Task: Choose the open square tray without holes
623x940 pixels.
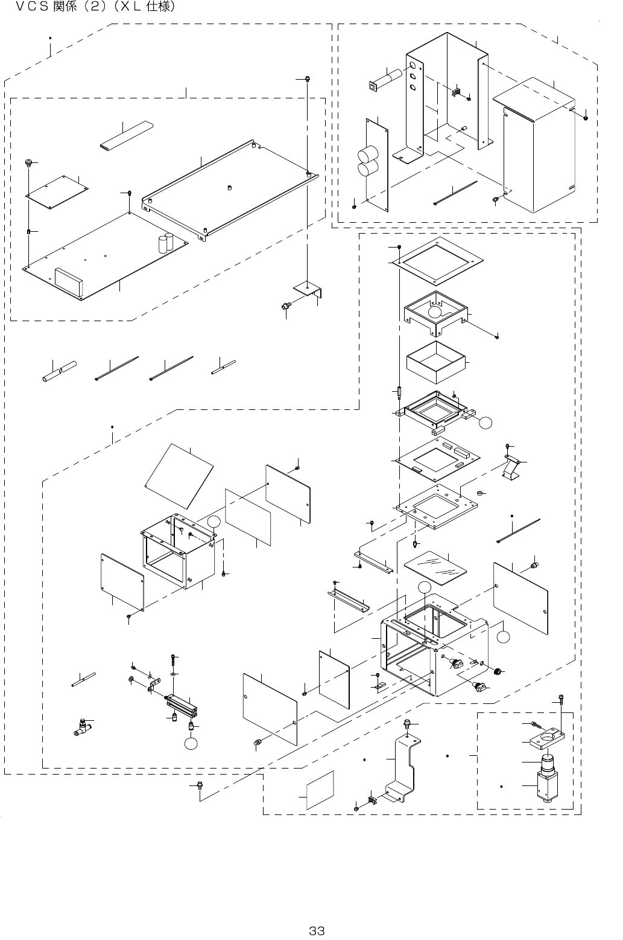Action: (x=436, y=362)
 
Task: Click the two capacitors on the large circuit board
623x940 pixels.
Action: (x=166, y=243)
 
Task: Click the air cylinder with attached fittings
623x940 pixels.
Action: (x=181, y=704)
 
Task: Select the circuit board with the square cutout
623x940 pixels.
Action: (x=436, y=459)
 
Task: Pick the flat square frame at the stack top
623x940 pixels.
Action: (x=436, y=261)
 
